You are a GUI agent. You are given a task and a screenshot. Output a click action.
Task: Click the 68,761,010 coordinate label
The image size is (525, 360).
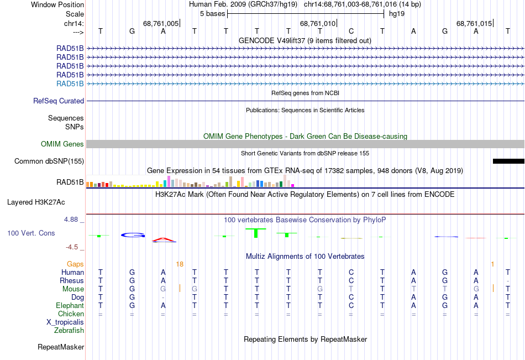pyautogui.click(x=317, y=23)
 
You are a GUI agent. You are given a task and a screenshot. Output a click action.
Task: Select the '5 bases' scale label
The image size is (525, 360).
pyautogui.click(x=213, y=14)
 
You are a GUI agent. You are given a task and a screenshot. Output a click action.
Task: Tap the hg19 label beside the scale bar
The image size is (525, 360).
pyautogui.click(x=397, y=14)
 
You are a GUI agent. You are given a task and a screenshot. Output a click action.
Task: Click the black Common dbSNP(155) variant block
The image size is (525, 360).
pyautogui.click(x=508, y=161)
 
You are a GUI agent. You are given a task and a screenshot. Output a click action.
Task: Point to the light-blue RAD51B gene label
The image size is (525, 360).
pyautogui.click(x=70, y=84)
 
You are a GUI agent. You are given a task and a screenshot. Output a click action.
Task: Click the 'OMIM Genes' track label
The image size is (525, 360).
pyautogui.click(x=62, y=144)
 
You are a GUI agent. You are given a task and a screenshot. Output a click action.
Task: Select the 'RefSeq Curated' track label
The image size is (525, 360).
pyautogui.click(x=59, y=101)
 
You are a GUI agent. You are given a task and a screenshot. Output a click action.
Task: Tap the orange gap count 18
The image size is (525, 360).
pyautogui.click(x=180, y=264)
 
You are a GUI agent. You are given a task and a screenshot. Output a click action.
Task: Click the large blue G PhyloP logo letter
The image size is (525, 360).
pyautogui.click(x=133, y=235)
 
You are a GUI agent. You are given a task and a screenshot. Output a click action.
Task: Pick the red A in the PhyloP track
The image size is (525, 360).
pyautogui.click(x=164, y=239)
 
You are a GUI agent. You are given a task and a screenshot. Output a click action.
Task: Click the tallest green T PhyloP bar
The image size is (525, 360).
pyautogui.click(x=256, y=233)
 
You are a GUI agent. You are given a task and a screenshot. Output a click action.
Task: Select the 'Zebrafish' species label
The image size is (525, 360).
pyautogui.click(x=69, y=331)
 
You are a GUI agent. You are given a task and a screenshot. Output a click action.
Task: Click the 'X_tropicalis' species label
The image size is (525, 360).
pyautogui.click(x=65, y=322)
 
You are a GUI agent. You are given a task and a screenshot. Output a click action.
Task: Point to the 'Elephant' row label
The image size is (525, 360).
pyautogui.click(x=70, y=306)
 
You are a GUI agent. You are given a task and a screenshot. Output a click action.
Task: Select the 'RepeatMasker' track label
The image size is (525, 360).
pyautogui.click(x=61, y=347)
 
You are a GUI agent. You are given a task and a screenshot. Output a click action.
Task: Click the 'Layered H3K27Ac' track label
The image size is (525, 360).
pyautogui.click(x=36, y=202)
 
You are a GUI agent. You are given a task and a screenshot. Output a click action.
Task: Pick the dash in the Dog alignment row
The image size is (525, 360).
pyautogui.click(x=163, y=298)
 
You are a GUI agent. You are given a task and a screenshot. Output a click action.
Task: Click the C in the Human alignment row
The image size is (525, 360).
pyautogui.click(x=351, y=272)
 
